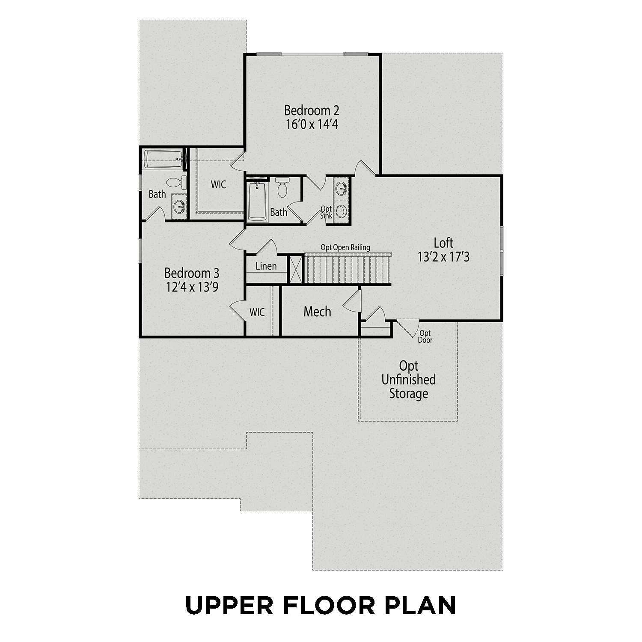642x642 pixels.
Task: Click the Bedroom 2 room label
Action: point(312,110)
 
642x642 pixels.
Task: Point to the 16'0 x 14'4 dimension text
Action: point(312,125)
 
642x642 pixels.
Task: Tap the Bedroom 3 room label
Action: point(192,273)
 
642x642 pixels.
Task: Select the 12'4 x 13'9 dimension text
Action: point(192,287)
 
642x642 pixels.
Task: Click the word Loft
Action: point(443,243)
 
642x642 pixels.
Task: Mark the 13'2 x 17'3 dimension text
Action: point(443,257)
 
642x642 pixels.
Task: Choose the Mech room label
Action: point(317,312)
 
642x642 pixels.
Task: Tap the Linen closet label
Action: point(266,266)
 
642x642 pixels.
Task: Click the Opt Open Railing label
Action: point(345,247)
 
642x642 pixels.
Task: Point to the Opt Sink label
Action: point(326,212)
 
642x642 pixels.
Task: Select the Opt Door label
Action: point(425,336)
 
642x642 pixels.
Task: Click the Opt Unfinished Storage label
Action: point(408,380)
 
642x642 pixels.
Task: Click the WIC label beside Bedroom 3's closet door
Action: point(257,312)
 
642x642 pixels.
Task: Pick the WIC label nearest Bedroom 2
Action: point(218,185)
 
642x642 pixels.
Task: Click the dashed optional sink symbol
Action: point(342,211)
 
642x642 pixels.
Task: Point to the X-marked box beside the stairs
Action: point(295,269)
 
